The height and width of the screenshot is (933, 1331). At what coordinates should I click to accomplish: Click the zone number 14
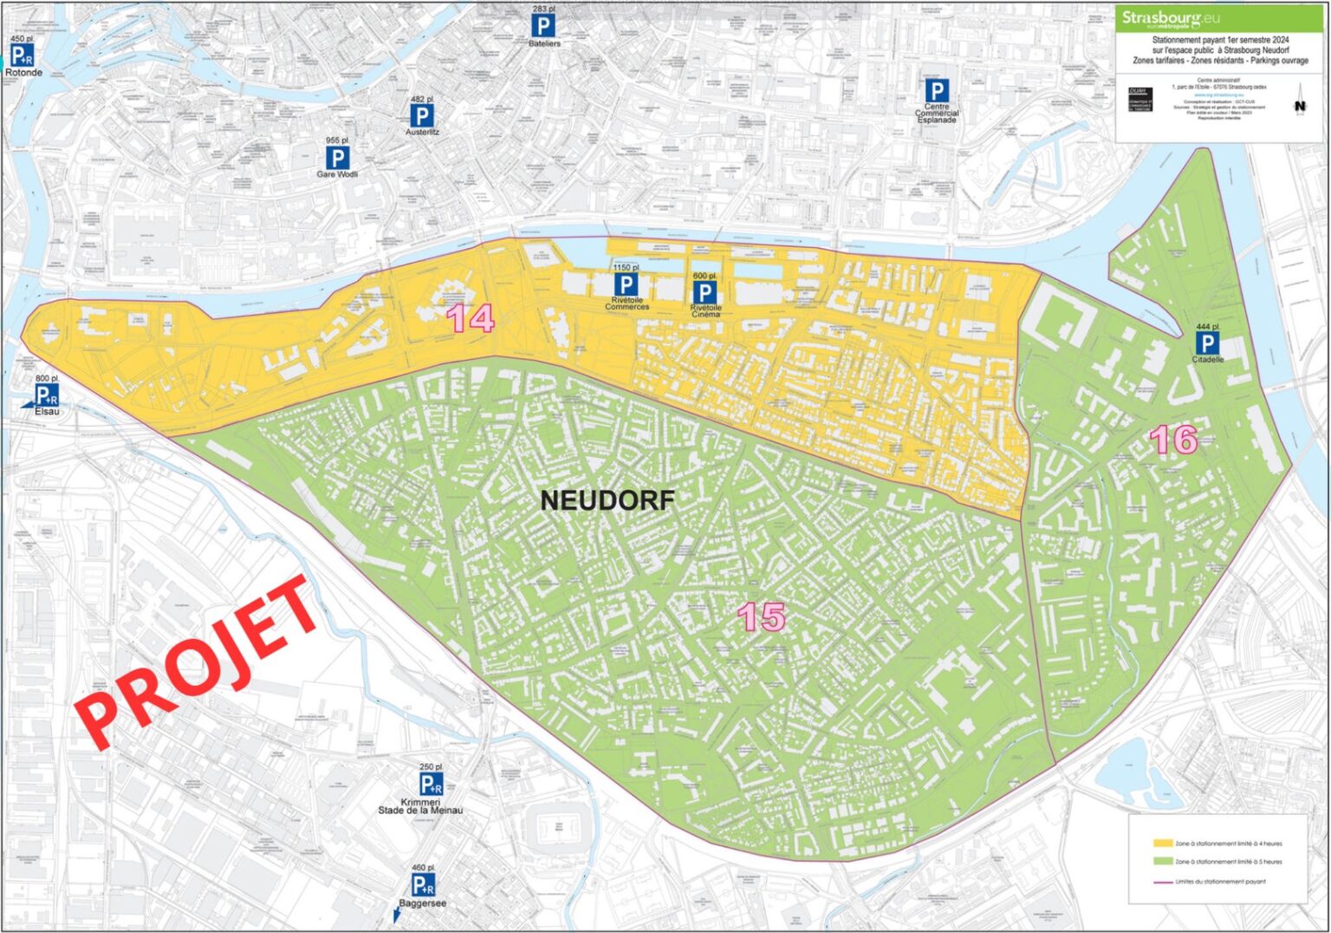471,318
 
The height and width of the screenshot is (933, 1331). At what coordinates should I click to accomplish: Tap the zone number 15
761,617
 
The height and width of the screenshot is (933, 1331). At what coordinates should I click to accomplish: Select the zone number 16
1173,440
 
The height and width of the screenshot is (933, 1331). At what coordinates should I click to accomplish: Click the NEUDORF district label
607,500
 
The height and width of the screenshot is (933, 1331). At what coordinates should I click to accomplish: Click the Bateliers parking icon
543,26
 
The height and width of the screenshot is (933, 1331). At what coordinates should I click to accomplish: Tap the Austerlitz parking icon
421,116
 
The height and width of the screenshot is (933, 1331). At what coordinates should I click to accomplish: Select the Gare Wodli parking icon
337,158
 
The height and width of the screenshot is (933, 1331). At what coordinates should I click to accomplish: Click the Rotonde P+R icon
22,55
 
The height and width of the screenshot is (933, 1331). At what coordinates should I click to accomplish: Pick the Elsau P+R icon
45,395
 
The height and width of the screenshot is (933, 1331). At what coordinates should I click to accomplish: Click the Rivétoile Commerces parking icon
626,284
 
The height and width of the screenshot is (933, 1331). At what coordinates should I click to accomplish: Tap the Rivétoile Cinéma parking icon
704,292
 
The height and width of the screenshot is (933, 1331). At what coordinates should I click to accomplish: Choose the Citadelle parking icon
1206,343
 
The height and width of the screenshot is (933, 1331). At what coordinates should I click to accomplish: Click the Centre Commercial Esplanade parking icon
936,91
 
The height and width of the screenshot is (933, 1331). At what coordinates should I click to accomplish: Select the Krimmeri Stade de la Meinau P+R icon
431,784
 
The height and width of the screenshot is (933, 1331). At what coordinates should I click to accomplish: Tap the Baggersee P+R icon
422,884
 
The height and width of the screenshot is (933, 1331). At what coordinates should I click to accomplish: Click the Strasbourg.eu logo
1161,19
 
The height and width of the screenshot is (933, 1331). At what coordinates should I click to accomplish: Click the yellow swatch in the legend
1162,843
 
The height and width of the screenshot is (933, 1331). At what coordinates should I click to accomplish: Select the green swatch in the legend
1162,862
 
